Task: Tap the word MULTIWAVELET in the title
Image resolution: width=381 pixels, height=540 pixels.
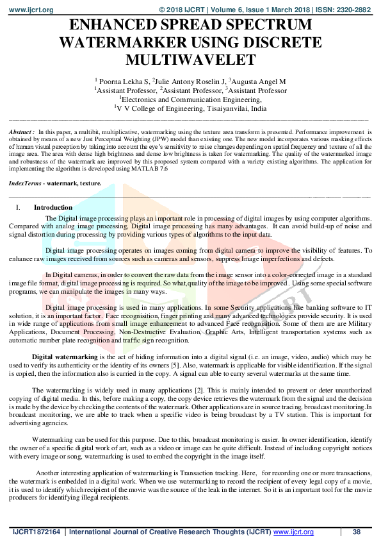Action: point(191,60)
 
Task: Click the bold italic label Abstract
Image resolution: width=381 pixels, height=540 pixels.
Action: point(21,131)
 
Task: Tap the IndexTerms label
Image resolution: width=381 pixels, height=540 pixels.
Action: point(26,183)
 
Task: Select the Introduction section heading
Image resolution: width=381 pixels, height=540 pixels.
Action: point(53,208)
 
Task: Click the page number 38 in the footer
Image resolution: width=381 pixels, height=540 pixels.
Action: point(357,532)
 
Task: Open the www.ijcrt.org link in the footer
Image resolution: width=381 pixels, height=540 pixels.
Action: point(293,532)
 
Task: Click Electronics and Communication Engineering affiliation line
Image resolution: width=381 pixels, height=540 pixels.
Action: point(190,100)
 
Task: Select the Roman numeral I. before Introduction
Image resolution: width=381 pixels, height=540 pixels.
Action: point(19,208)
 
